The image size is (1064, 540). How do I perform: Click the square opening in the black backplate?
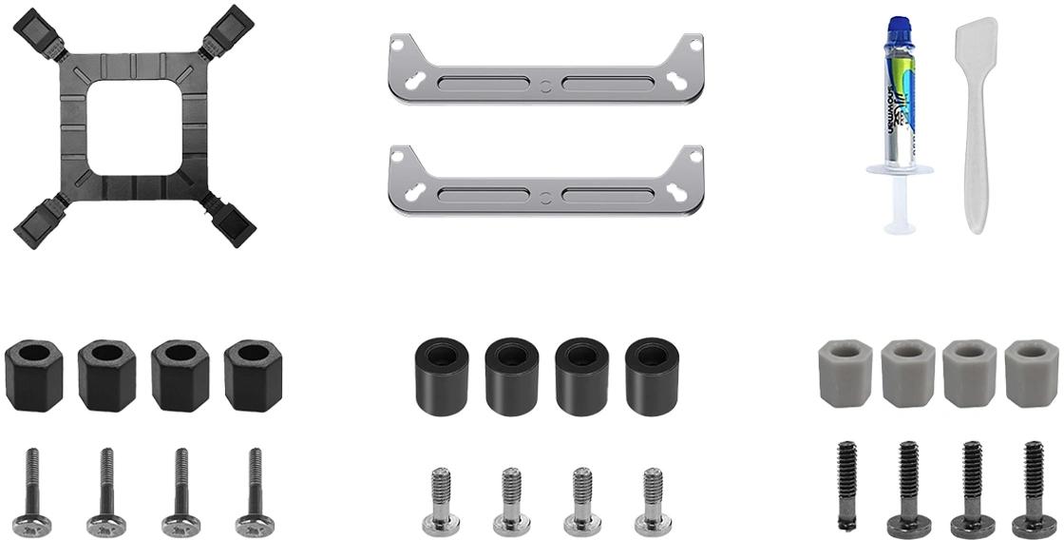134,126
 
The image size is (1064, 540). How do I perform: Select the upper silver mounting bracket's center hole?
546,87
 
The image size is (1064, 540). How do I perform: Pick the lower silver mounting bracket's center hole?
546,198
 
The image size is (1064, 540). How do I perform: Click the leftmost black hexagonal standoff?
34,376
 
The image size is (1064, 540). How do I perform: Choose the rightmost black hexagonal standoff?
253,376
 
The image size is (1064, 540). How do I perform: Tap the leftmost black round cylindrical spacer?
442,376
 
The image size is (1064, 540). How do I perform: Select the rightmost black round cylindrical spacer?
652,376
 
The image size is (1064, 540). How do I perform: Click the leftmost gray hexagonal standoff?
845,373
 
